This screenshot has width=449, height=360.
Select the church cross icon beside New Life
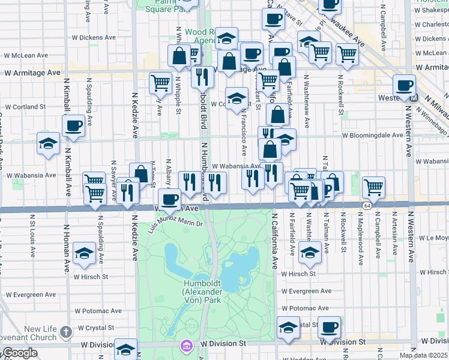tap(66, 331)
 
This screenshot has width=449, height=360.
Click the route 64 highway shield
tap(366, 206)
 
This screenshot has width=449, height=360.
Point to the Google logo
tap(19, 353)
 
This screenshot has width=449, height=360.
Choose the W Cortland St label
tap(25, 107)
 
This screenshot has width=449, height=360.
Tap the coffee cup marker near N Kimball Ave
tap(74, 127)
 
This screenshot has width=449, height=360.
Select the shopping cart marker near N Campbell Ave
tap(373, 187)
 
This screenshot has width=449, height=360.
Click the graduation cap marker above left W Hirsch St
tap(84, 254)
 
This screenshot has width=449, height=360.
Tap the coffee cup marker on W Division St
tap(329, 328)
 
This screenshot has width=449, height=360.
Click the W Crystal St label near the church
tap(94, 328)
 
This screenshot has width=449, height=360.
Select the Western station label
tap(393, 97)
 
